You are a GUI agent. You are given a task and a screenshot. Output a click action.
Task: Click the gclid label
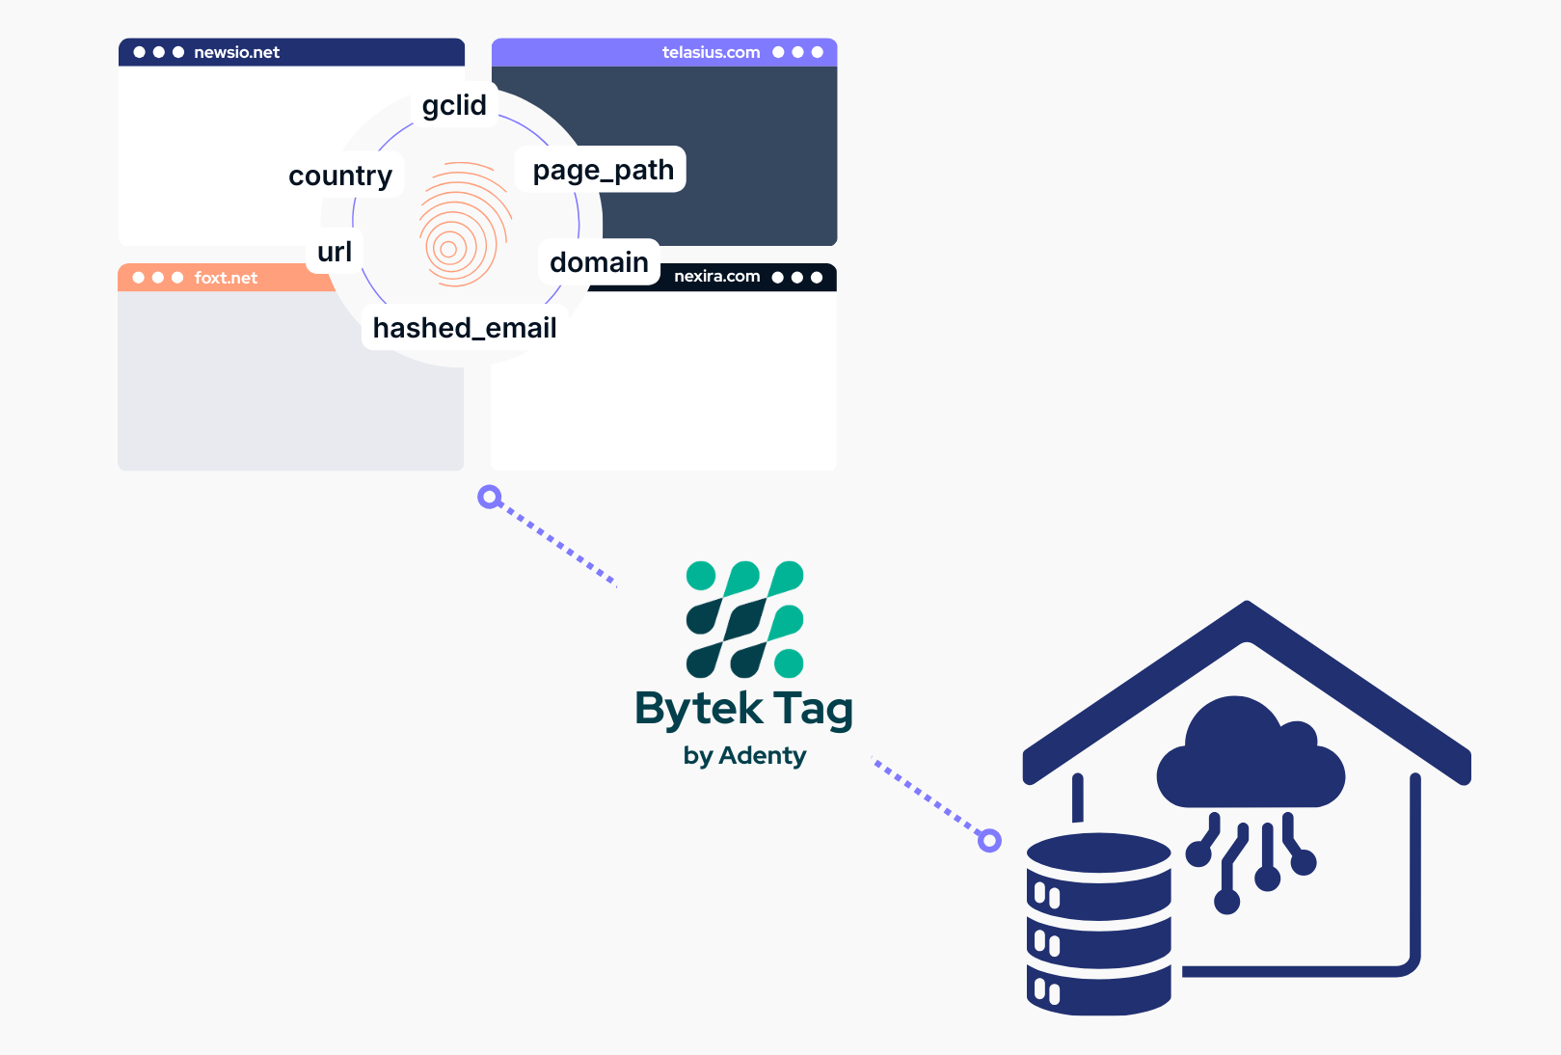click(x=454, y=105)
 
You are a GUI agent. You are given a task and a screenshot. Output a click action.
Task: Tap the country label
click(x=340, y=176)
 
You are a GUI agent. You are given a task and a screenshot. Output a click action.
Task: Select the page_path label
click(x=603, y=170)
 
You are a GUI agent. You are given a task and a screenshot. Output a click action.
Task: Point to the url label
click(x=335, y=252)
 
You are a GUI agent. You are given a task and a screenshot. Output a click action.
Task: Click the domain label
click(x=599, y=262)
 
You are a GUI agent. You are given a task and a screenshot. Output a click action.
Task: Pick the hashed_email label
click(x=465, y=328)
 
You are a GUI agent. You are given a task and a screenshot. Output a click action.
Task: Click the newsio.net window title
click(x=236, y=52)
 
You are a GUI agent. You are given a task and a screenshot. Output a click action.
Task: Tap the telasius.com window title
click(x=711, y=52)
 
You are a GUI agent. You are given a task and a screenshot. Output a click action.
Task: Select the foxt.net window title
click(x=226, y=278)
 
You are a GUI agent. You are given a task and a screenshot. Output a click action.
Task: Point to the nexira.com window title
click(x=716, y=277)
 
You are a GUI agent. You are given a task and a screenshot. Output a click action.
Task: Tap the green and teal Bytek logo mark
click(x=744, y=618)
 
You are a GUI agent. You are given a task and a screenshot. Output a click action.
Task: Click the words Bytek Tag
click(x=743, y=709)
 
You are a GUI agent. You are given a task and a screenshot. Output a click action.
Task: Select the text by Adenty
click(x=744, y=755)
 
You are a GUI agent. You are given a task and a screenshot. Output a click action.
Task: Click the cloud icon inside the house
click(x=1250, y=757)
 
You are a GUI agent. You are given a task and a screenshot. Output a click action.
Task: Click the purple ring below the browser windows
click(x=490, y=498)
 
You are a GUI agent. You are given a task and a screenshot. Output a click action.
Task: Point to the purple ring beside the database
click(x=989, y=840)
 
